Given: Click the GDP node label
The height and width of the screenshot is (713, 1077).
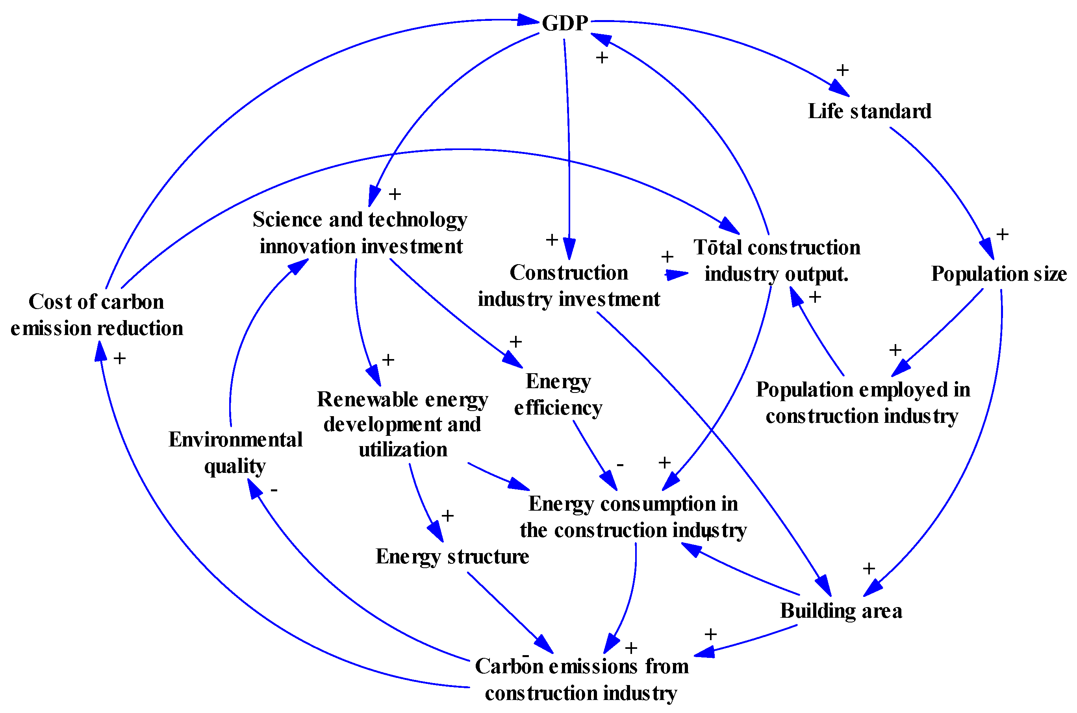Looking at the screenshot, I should pyautogui.click(x=564, y=23).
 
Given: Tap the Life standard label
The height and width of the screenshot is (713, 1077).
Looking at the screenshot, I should pyautogui.click(x=869, y=111).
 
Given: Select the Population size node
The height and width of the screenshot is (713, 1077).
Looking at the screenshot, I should pyautogui.click(x=998, y=274).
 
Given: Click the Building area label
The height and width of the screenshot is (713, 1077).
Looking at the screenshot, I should pyautogui.click(x=840, y=611).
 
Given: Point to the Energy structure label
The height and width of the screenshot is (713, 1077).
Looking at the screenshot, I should pyautogui.click(x=452, y=557).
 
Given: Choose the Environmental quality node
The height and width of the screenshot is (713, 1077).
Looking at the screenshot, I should pyautogui.click(x=235, y=452).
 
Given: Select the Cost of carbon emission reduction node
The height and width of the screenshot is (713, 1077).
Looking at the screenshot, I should pyautogui.click(x=96, y=315).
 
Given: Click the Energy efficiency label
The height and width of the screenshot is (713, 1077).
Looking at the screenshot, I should pyautogui.click(x=558, y=394).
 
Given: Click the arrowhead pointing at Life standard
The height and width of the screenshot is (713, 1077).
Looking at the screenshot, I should pyautogui.click(x=840, y=89).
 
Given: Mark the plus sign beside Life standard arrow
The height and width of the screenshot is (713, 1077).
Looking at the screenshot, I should pyautogui.click(x=842, y=70).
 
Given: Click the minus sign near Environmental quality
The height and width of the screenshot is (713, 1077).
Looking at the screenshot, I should pyautogui.click(x=274, y=490).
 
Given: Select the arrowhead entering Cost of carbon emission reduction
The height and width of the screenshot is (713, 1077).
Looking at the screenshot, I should pyautogui.click(x=100, y=351).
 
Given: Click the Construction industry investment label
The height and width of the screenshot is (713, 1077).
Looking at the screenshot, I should pyautogui.click(x=568, y=286).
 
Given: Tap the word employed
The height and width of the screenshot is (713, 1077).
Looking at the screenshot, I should pyautogui.click(x=903, y=390).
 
